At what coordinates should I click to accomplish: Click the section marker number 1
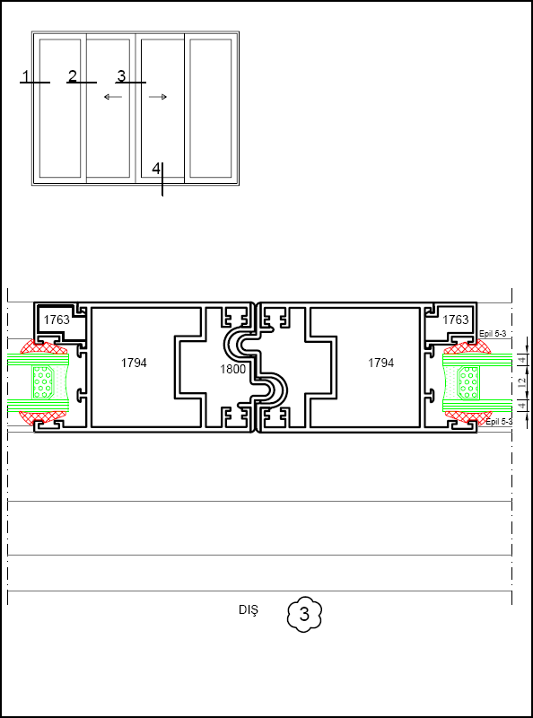[26, 76]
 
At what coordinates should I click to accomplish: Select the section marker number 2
[73, 75]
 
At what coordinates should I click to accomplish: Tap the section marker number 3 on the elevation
[121, 75]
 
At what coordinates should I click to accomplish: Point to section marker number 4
[156, 169]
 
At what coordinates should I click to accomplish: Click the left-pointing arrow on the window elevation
[113, 97]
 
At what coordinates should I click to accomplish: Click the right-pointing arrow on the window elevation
[158, 97]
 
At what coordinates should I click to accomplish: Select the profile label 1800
[232, 369]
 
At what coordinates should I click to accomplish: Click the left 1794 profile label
[134, 363]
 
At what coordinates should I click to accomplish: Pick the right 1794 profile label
[381, 363]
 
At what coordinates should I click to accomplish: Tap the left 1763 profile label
[57, 320]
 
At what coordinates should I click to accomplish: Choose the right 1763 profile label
[456, 320]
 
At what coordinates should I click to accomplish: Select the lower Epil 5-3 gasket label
[498, 422]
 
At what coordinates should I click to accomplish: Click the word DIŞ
[249, 610]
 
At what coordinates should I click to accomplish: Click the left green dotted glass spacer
[45, 382]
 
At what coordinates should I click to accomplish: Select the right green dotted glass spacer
[468, 382]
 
